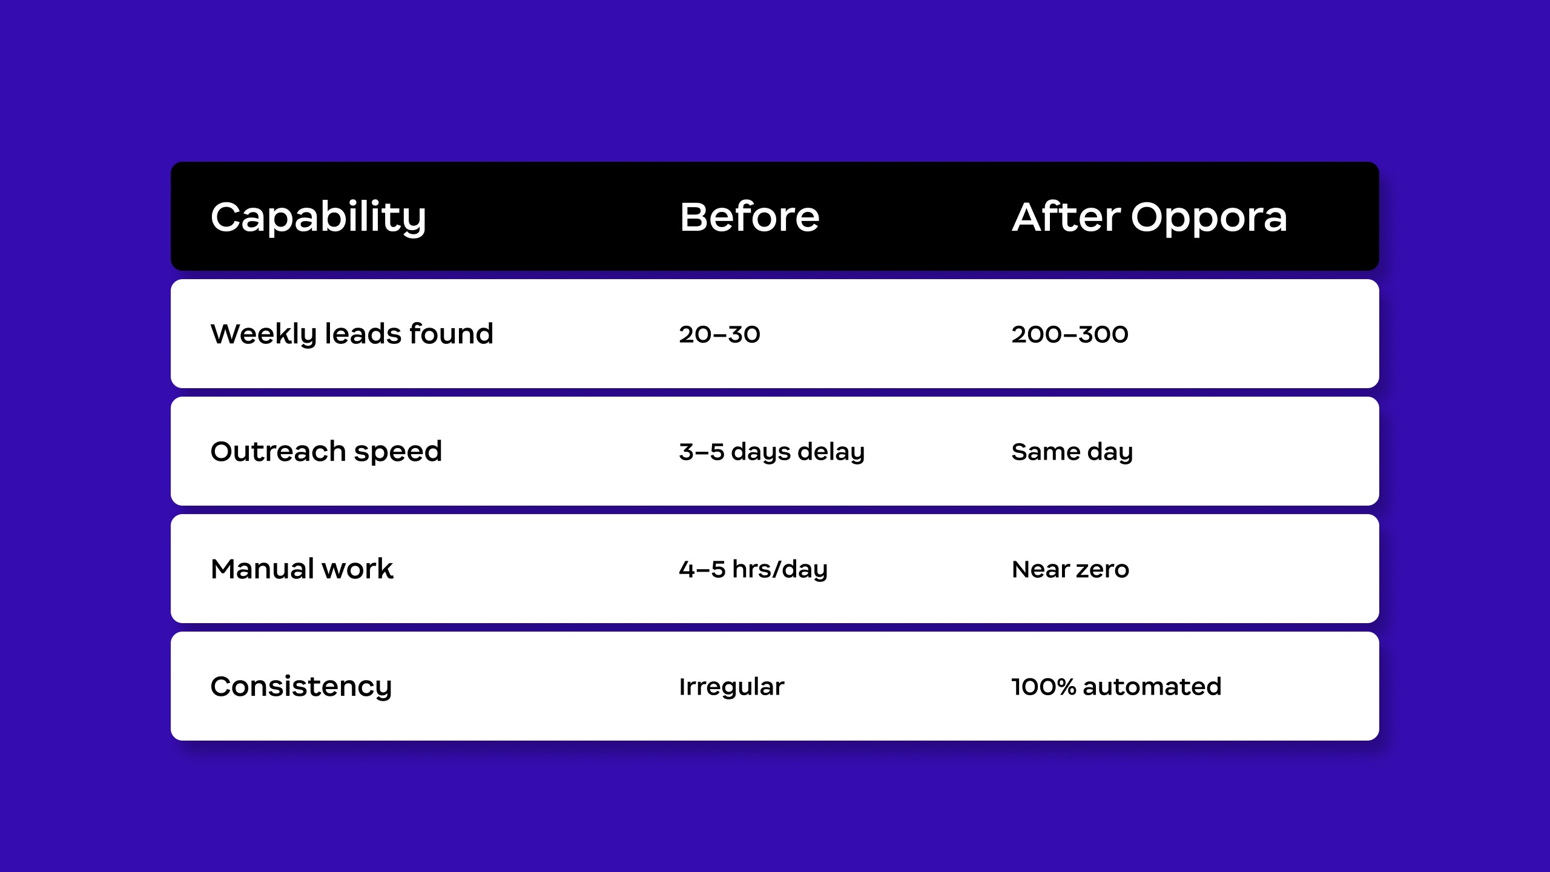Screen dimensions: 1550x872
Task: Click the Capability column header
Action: (x=318, y=218)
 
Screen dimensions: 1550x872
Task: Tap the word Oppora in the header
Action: (x=1209, y=219)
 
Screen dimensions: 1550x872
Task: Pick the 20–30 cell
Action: (x=719, y=334)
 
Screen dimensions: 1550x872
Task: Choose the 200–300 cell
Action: (x=1070, y=334)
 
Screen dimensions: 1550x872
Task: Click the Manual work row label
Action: (x=302, y=569)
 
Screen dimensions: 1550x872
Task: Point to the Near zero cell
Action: (x=1070, y=569)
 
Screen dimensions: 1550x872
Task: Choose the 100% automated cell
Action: (x=1116, y=687)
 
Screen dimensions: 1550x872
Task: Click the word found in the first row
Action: (x=452, y=333)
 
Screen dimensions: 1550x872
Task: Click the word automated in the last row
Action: (x=1152, y=687)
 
